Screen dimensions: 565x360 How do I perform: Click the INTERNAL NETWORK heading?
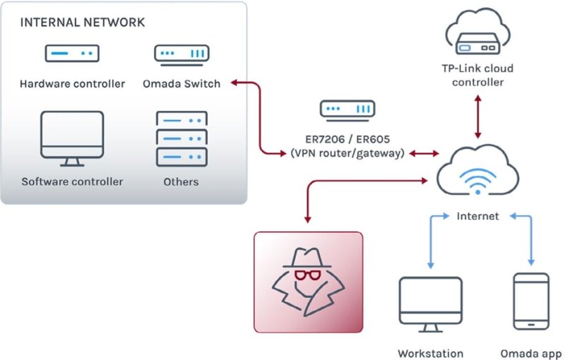tap(83, 23)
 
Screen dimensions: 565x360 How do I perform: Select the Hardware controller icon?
tap(72, 53)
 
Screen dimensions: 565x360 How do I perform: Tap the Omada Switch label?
tap(182, 84)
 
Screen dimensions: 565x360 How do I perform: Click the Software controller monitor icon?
tap(72, 139)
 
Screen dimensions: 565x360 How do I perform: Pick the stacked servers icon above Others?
tap(182, 139)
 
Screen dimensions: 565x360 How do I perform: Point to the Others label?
tap(181, 182)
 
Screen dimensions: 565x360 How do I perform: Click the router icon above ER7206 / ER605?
tap(347, 111)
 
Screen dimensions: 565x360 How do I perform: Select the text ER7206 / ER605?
tap(347, 139)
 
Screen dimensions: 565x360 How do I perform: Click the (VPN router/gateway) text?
tap(347, 153)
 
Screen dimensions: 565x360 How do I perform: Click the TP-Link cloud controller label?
tap(478, 76)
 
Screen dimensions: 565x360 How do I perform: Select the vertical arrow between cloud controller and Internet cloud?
tap(478, 116)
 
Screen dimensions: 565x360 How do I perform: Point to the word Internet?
tap(478, 216)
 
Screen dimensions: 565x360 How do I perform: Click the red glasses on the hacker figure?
tap(308, 275)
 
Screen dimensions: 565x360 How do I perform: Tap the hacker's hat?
tap(307, 258)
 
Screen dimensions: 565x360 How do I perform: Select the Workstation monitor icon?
tap(431, 304)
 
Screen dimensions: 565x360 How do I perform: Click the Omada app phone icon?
tap(531, 301)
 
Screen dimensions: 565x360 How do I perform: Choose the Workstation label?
tap(431, 354)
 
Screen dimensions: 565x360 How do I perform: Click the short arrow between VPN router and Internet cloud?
tap(424, 154)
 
